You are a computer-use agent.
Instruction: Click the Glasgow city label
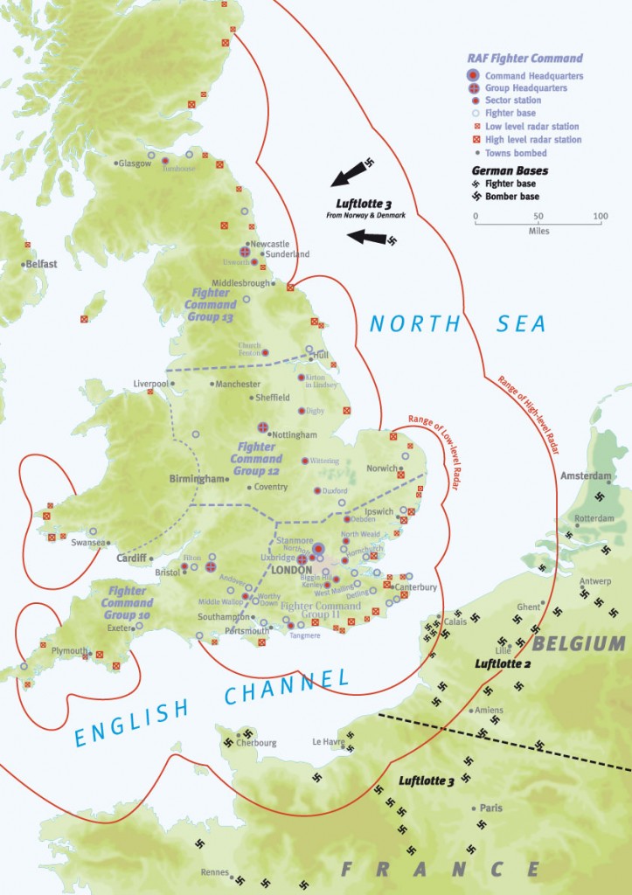pyautogui.click(x=134, y=163)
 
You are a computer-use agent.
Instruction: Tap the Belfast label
pyautogui.click(x=41, y=263)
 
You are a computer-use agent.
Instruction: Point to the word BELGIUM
pyautogui.click(x=579, y=644)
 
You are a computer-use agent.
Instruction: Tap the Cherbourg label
pyautogui.click(x=257, y=743)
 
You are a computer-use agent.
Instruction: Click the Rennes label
pyautogui.click(x=213, y=872)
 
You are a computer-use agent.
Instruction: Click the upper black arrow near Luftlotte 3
pyautogui.click(x=351, y=174)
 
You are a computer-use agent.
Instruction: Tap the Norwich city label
pyautogui.click(x=383, y=468)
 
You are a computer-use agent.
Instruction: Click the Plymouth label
pyautogui.click(x=69, y=651)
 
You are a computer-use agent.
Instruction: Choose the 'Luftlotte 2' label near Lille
pyautogui.click(x=497, y=664)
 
